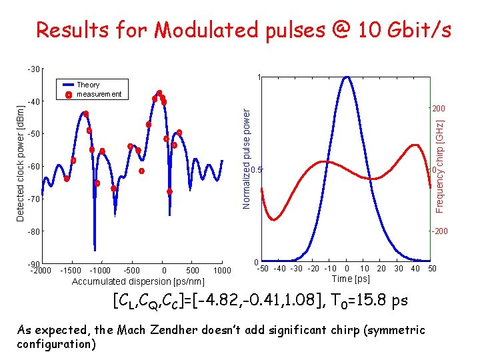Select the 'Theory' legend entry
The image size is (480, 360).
(x=88, y=85)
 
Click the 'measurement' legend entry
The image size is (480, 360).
(x=99, y=94)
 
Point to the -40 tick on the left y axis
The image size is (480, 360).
(x=33, y=101)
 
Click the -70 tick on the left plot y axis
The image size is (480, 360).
(x=33, y=199)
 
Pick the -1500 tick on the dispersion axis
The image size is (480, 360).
(x=71, y=270)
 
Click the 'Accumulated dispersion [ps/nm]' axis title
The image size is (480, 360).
(x=138, y=281)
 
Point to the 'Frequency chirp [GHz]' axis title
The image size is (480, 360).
(x=440, y=167)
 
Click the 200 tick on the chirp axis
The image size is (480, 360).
(x=438, y=109)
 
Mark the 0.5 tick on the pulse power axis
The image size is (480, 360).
(x=257, y=169)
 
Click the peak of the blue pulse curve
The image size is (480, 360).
(x=346, y=77)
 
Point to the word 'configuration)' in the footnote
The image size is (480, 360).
(x=57, y=344)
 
